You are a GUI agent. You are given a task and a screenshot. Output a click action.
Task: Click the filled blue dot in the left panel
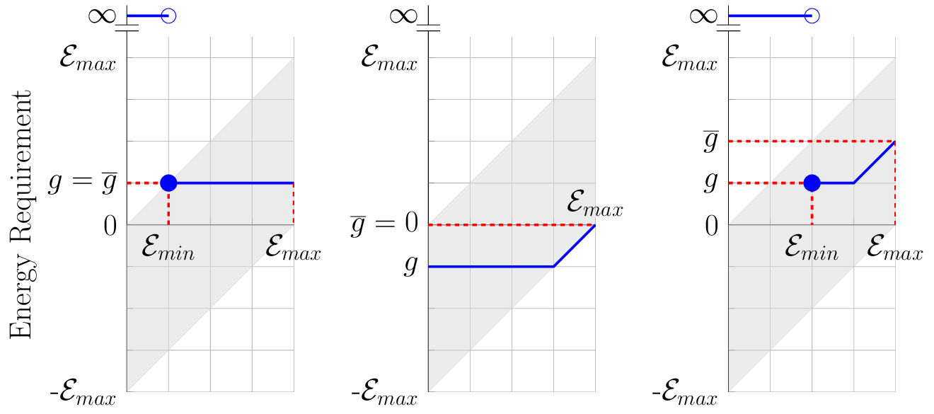(168, 183)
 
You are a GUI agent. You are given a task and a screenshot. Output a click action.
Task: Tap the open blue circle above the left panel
(168, 16)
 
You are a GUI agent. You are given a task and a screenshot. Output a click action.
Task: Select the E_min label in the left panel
(168, 250)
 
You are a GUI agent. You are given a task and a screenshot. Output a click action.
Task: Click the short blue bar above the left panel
(145, 16)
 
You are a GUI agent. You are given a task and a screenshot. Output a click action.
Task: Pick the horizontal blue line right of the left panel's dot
(233, 183)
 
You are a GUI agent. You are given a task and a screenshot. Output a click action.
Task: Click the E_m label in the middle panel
(582, 202)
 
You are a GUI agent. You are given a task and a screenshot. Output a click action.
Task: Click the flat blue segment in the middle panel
(488, 267)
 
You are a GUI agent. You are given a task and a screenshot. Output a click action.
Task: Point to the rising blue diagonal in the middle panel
(575, 246)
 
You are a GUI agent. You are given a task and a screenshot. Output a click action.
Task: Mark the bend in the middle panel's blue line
(554, 267)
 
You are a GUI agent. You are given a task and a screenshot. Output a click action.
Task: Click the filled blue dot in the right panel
(812, 183)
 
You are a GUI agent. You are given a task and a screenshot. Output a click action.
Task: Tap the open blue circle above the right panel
(812, 16)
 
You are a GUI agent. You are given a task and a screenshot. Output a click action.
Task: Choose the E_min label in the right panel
(812, 250)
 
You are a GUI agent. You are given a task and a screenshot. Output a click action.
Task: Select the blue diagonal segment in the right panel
(875, 162)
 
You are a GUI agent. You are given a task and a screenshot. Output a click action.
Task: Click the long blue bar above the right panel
(768, 16)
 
